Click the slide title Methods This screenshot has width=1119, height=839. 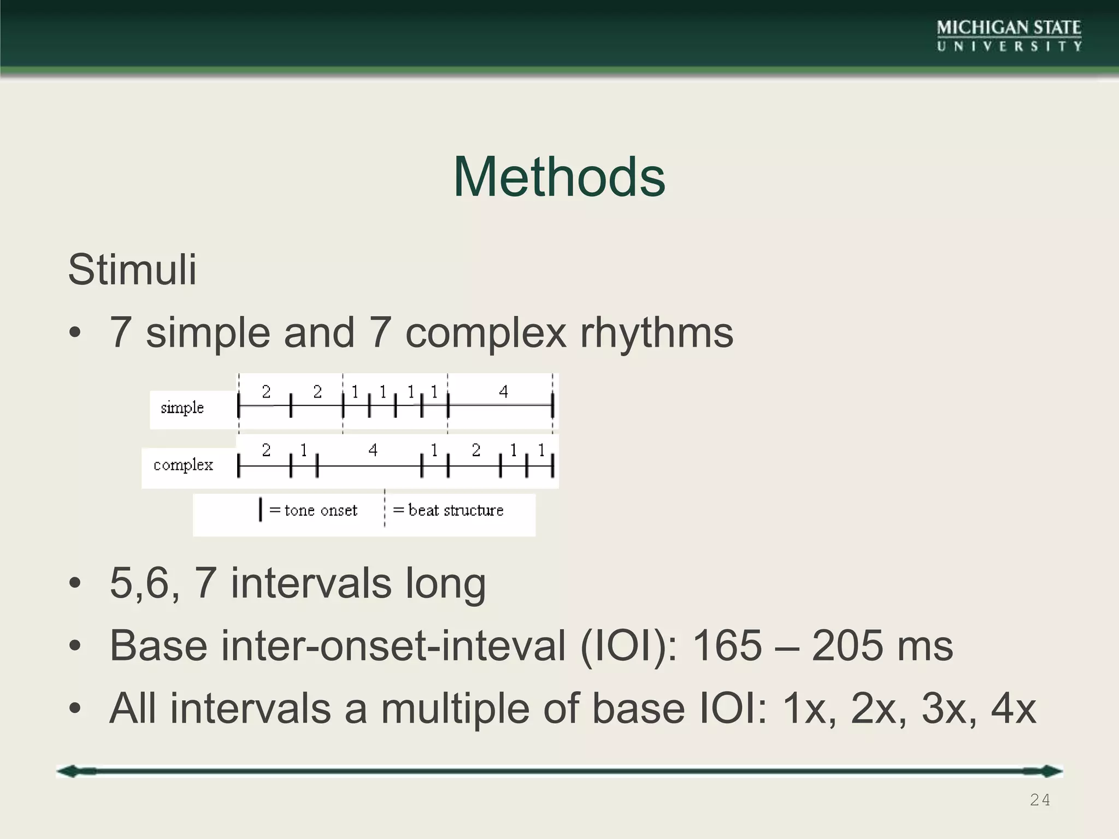(x=559, y=178)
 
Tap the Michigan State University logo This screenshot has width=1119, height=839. (x=1009, y=36)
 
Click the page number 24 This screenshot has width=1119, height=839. (x=1039, y=800)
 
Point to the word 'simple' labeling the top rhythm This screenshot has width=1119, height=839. (x=182, y=407)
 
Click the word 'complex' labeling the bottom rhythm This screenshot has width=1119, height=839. (x=183, y=465)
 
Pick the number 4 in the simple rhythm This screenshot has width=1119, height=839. (x=503, y=392)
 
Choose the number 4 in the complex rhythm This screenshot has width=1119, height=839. (x=373, y=450)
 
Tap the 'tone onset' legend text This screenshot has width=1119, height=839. (x=321, y=510)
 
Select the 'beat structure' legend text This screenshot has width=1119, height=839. (x=456, y=510)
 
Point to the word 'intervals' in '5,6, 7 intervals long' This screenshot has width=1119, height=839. (x=311, y=583)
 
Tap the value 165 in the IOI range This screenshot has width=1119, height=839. (x=726, y=646)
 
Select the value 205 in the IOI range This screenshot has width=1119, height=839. (x=846, y=646)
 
